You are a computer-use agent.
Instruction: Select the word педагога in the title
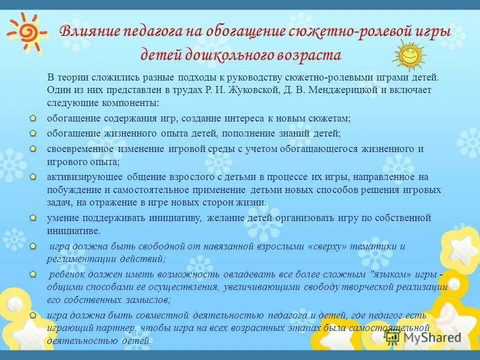point(153,31)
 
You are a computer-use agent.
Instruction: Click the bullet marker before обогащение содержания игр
point(32,118)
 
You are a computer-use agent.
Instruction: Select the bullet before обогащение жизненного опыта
point(32,133)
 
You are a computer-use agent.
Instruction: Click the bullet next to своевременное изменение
point(32,148)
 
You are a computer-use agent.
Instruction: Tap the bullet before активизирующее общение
point(32,176)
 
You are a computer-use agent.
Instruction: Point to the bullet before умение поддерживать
point(32,218)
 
